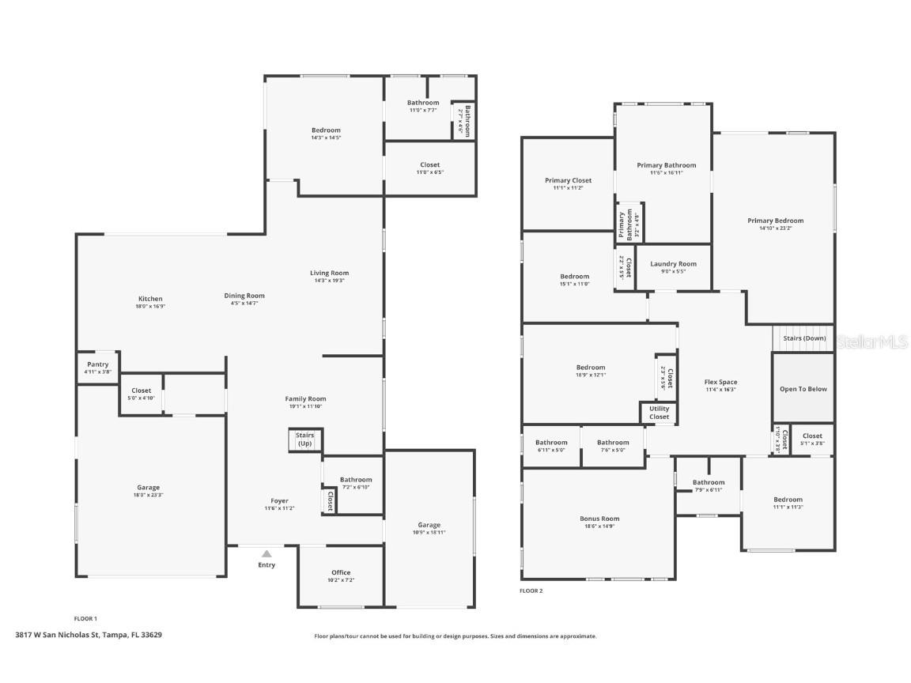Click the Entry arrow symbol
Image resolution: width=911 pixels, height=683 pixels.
(x=266, y=554)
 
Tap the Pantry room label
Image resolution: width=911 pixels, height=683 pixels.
(x=98, y=364)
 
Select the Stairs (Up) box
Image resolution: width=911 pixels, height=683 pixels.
(x=304, y=440)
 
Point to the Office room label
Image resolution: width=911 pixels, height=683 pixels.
(x=341, y=572)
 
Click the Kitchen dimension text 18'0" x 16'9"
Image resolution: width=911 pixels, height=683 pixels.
(x=149, y=306)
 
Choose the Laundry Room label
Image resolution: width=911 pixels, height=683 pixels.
(x=673, y=264)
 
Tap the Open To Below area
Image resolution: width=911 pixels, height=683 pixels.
(x=803, y=388)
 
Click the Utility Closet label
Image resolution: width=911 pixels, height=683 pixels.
(x=659, y=413)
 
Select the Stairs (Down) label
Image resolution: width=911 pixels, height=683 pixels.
(x=804, y=338)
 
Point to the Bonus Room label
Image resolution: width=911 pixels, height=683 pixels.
(x=599, y=519)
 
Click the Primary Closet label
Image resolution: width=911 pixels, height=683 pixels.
(x=569, y=180)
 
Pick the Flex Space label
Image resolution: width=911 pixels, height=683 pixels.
(x=720, y=382)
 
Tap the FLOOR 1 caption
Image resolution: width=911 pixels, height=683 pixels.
(x=85, y=618)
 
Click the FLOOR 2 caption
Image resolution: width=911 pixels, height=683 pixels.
(x=531, y=591)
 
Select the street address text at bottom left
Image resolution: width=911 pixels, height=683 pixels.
(x=89, y=634)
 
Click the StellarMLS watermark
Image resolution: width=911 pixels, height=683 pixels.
(x=872, y=342)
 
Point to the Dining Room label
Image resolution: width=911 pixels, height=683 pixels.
(x=244, y=296)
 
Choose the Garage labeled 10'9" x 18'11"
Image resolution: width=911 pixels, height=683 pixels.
(x=429, y=525)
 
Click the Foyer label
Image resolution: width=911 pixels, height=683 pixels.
(x=279, y=500)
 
